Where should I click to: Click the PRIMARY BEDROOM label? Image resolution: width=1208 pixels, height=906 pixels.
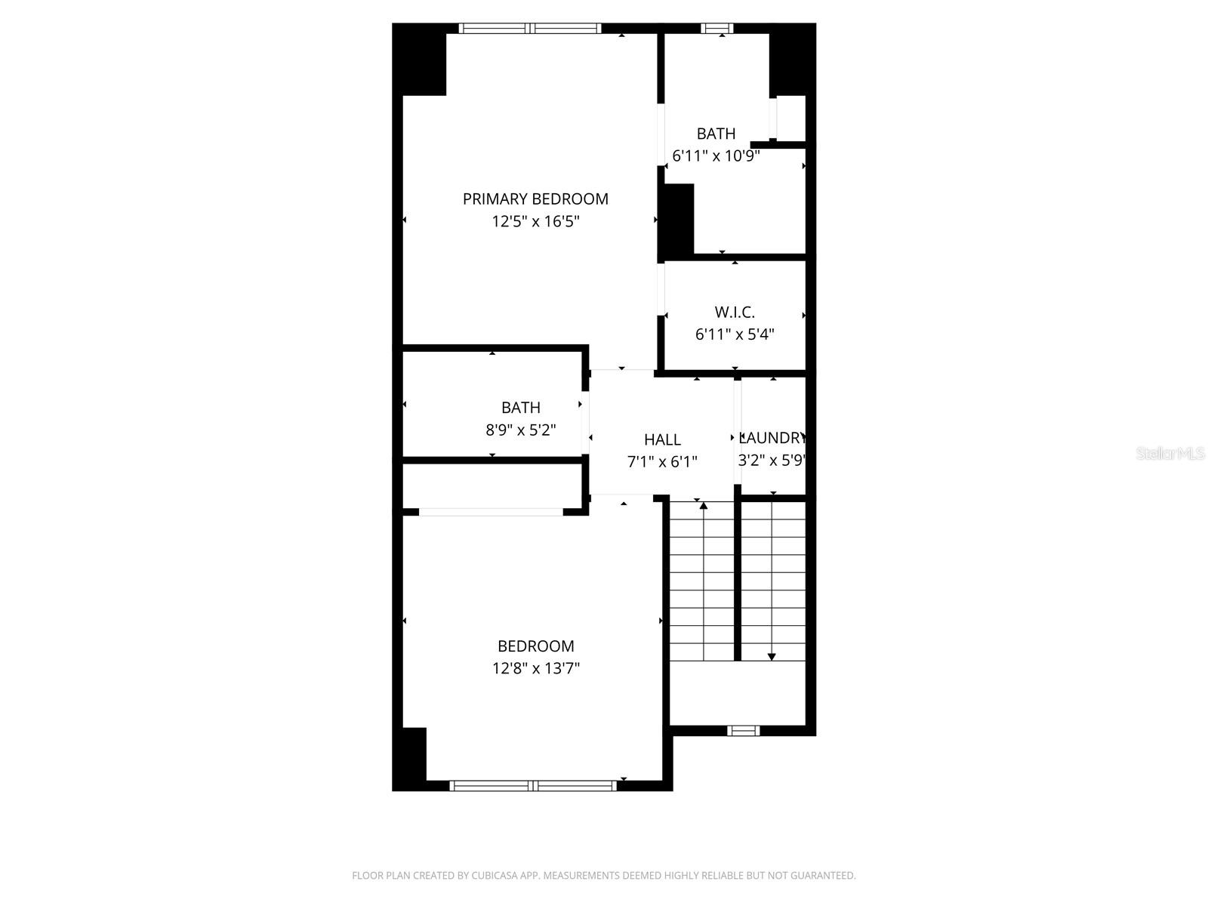tap(535, 199)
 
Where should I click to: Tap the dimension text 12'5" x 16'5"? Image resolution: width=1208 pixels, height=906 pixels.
tap(535, 222)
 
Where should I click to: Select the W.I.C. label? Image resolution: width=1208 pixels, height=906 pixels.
tap(735, 312)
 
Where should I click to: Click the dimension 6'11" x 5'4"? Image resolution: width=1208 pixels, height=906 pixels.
tap(735, 334)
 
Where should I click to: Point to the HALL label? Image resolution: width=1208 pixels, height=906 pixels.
tap(662, 439)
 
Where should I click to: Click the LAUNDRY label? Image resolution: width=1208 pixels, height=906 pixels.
tap(772, 438)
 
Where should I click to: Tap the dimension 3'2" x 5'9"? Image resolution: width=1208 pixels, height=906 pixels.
tap(771, 461)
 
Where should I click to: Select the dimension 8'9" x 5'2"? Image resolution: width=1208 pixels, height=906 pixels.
tap(521, 430)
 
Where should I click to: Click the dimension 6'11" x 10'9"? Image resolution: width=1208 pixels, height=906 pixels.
tap(716, 156)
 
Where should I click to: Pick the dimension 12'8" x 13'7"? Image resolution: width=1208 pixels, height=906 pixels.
tap(536, 668)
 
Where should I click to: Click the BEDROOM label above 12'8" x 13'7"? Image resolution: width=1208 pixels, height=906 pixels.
tap(536, 646)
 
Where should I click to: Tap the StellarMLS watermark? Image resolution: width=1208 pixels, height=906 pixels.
tap(1170, 454)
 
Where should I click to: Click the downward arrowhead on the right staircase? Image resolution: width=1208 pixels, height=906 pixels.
tap(772, 656)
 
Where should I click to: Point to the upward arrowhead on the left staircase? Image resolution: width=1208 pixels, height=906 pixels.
tap(704, 505)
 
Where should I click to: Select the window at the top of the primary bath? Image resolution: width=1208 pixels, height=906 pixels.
tap(716, 29)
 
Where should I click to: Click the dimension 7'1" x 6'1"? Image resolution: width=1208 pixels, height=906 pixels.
tap(662, 461)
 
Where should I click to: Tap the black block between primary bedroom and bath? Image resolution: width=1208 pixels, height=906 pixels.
tap(676, 220)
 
